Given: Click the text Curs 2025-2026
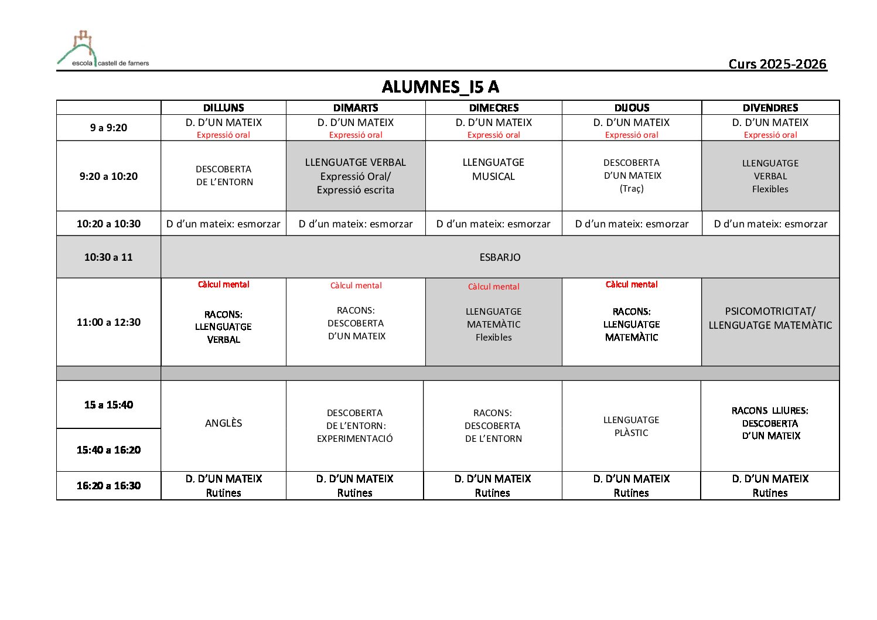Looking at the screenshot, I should pyautogui.click(x=777, y=64).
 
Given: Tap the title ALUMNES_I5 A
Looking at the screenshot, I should pyautogui.click(x=440, y=87).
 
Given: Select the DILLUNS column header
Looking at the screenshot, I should pyautogui.click(x=223, y=108).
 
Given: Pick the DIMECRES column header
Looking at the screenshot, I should pyautogui.click(x=493, y=108).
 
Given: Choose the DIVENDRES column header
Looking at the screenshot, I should pyautogui.click(x=770, y=108).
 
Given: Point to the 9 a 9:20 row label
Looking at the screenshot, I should pyautogui.click(x=108, y=128).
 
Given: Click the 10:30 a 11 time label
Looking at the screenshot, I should pyautogui.click(x=108, y=257).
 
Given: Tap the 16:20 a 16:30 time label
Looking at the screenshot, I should pyautogui.click(x=108, y=485).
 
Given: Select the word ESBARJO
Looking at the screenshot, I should pyautogui.click(x=500, y=257).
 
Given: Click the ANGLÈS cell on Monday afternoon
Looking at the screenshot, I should pyautogui.click(x=223, y=423).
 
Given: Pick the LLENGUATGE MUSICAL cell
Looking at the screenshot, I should pyautogui.click(x=493, y=169).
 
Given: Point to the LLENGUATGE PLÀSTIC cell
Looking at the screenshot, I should pyautogui.click(x=631, y=426).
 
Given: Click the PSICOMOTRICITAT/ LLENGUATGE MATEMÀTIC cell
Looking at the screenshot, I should pyautogui.click(x=770, y=318).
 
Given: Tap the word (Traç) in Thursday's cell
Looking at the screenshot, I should pyautogui.click(x=632, y=189).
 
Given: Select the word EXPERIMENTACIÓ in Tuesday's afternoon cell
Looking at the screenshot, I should pyautogui.click(x=354, y=438).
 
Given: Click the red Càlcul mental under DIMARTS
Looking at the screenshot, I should pyautogui.click(x=356, y=285).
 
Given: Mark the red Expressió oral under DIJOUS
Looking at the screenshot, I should pyautogui.click(x=632, y=135).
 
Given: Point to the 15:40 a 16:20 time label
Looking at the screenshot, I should pyautogui.click(x=108, y=450).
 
